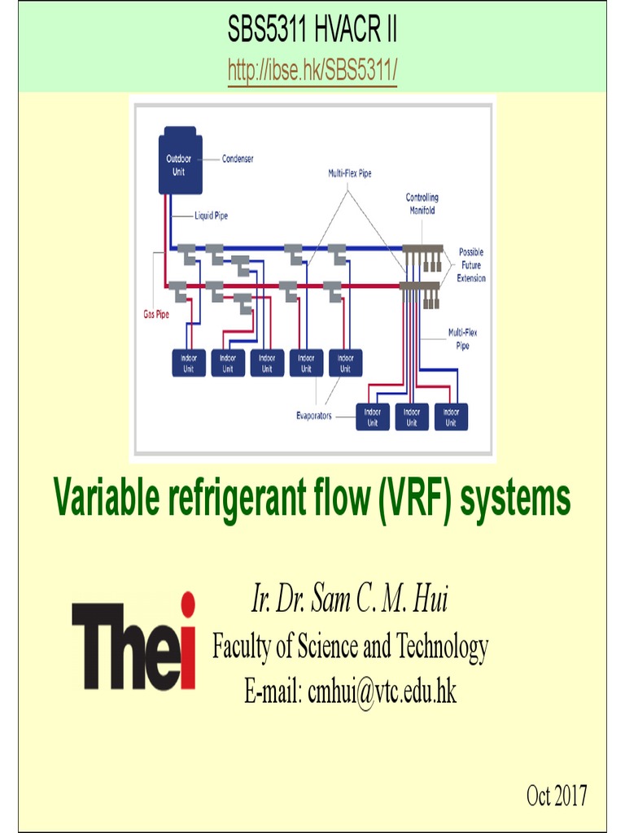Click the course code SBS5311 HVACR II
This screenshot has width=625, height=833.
tap(312, 33)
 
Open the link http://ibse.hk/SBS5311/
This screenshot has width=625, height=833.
tap(312, 72)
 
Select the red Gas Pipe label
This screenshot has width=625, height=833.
tap(151, 314)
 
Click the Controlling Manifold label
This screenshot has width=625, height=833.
tap(422, 203)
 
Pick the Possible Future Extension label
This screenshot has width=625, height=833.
tap(471, 265)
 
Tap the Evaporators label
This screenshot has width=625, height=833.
tap(313, 416)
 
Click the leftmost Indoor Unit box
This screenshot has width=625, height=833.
tap(188, 362)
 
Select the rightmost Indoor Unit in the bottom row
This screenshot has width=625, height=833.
tap(451, 417)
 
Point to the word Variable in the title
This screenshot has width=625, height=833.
tap(104, 499)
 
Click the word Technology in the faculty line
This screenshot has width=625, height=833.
tap(443, 647)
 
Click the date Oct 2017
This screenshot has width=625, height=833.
tap(557, 796)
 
